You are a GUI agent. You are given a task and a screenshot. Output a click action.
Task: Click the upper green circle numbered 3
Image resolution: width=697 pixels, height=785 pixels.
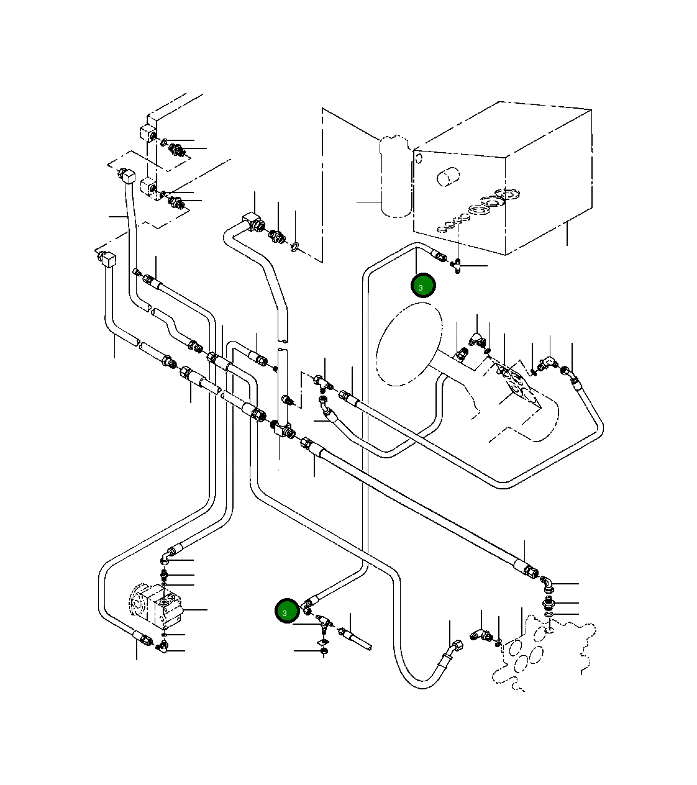point(423,286)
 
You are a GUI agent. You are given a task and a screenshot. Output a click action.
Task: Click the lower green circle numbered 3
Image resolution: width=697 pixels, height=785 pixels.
point(287,612)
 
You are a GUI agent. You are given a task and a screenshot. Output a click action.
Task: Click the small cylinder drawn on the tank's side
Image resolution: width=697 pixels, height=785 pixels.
point(447,178)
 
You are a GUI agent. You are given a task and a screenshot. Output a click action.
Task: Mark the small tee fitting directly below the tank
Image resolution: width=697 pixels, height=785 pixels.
point(457,266)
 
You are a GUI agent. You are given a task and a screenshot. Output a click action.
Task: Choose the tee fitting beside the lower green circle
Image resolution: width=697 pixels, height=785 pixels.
point(323,620)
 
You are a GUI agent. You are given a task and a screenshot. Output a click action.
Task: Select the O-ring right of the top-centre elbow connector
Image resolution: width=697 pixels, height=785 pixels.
point(295,248)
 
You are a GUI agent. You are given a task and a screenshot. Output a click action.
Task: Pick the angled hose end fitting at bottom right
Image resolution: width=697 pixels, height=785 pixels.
point(452,652)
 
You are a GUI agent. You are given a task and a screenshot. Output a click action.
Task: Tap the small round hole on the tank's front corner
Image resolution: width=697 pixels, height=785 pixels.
point(419,158)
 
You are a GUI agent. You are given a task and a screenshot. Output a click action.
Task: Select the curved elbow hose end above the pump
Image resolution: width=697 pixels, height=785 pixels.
point(171,552)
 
